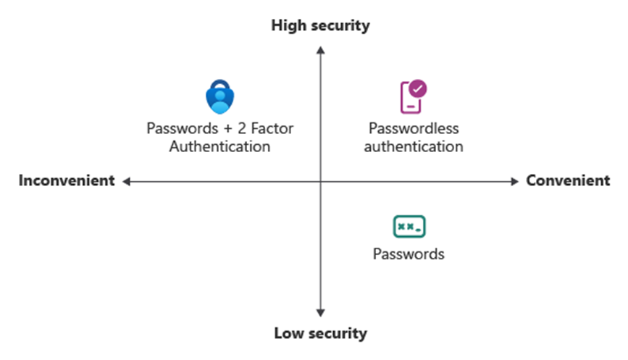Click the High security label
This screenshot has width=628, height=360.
[x=320, y=26]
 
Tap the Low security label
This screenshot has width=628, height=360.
[x=320, y=334]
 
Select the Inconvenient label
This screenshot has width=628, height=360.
[x=67, y=181]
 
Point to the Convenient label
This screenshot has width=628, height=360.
[x=568, y=181]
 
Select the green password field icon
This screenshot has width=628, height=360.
[x=409, y=227]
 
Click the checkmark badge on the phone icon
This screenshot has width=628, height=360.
[x=418, y=89]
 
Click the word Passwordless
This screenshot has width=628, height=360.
[x=414, y=129]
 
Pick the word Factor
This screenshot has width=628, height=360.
[x=271, y=129]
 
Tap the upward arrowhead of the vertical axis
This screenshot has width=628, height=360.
[x=320, y=49]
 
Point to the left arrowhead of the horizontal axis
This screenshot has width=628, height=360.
[x=126, y=181]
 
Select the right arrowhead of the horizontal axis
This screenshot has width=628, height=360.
[x=515, y=181]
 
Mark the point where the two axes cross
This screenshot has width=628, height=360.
[x=320, y=181]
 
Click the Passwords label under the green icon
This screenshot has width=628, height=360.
[x=409, y=254]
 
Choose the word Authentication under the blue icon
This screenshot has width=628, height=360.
[x=219, y=147]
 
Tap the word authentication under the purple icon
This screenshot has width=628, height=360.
[x=414, y=147]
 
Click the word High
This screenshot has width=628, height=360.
[x=289, y=26]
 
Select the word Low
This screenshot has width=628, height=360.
[x=288, y=334]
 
